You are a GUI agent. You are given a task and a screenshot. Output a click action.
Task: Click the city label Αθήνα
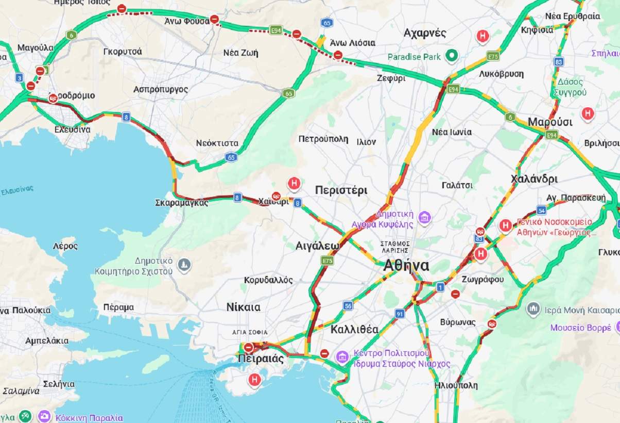click(406, 266)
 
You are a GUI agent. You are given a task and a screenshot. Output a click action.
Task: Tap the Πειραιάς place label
click(261, 359)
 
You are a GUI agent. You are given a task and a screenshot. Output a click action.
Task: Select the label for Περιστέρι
click(341, 190)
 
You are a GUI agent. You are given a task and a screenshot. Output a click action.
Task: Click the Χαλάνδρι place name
click(534, 179)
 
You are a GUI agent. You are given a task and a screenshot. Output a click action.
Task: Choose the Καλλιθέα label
click(354, 329)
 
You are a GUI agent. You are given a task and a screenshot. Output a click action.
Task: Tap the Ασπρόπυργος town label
click(161, 89)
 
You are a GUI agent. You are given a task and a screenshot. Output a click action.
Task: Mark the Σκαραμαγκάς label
click(181, 203)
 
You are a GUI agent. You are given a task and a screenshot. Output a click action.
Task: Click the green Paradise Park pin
click(452, 55)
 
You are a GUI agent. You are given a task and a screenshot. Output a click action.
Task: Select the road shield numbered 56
click(348, 306)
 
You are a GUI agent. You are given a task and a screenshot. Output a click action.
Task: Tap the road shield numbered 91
click(400, 314)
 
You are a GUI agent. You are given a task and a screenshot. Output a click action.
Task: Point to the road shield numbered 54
click(541, 210)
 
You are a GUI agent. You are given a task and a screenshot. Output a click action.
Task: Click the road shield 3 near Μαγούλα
click(19, 78)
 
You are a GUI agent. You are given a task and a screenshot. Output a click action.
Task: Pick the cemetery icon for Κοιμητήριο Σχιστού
click(184, 266)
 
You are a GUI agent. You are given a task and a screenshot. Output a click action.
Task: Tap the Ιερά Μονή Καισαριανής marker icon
click(533, 309)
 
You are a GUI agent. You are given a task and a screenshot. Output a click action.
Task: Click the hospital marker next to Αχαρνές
click(482, 36)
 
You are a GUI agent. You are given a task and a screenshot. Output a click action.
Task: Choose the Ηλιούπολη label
click(456, 385)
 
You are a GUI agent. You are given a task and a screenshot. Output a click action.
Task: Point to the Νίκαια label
click(243, 307)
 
